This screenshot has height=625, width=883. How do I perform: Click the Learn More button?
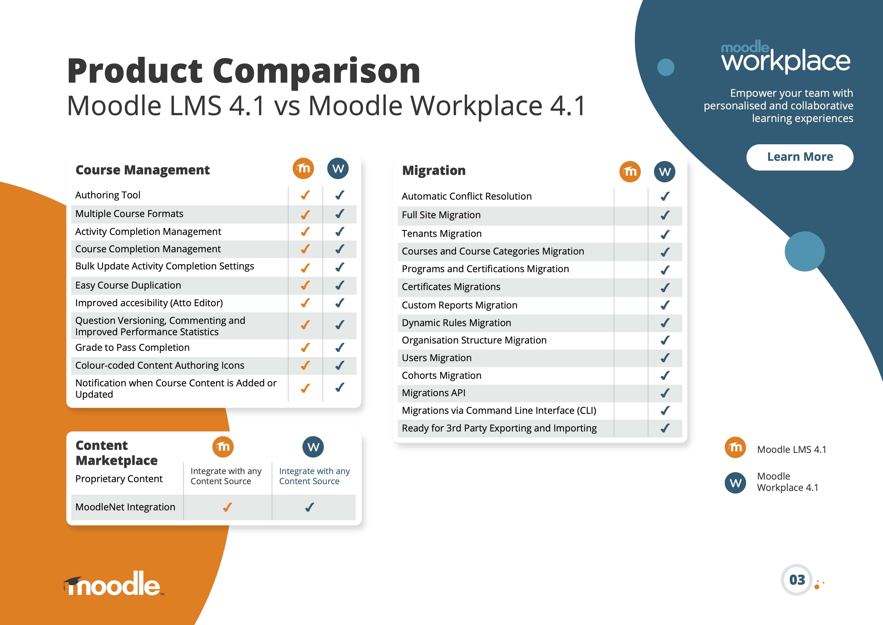tap(800, 157)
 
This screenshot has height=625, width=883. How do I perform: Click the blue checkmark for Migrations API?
tap(665, 393)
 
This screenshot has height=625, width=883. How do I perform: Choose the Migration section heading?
tap(434, 171)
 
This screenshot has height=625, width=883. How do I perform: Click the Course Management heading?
tap(143, 170)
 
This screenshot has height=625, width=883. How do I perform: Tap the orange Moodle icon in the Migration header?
tap(630, 172)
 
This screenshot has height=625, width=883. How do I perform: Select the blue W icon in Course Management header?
tap(338, 169)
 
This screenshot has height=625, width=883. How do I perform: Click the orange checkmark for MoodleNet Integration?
tap(228, 507)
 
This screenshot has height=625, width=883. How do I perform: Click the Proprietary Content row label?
tap(119, 479)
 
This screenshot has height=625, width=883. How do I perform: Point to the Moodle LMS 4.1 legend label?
tap(791, 450)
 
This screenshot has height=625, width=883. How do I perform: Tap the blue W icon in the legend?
tap(735, 483)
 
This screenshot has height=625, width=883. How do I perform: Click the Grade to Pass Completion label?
tap(132, 348)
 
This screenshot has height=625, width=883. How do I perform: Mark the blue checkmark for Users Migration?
tap(665, 358)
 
